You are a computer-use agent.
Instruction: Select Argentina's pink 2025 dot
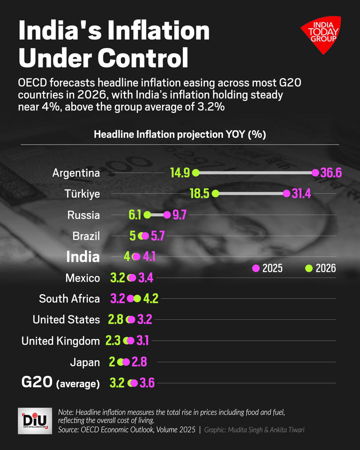point(315,173)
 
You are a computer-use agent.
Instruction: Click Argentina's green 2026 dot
point(196,173)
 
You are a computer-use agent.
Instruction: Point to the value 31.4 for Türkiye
point(301,194)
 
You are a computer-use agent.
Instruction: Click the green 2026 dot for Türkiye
point(215,194)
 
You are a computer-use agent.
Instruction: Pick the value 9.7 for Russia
point(180,215)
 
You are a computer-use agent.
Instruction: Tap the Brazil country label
point(86,236)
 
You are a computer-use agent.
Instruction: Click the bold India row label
point(83,256)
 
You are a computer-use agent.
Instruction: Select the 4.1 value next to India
point(149,257)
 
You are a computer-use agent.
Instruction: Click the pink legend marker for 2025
point(256,269)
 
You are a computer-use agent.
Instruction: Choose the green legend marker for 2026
point(308,269)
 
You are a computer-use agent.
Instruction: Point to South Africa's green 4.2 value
point(150,299)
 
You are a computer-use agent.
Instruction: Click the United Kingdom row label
point(60,341)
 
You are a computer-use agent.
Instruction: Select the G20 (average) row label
point(60,382)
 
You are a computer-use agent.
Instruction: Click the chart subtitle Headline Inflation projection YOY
point(180,135)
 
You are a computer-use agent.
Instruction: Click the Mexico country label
point(82,278)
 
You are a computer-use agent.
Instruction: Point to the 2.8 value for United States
point(115,320)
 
